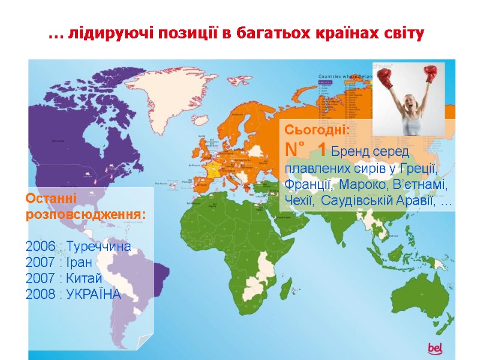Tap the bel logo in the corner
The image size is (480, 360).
434,347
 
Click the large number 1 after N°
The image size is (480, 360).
322,149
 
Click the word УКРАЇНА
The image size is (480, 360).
94,295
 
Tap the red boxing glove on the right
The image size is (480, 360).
430,73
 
